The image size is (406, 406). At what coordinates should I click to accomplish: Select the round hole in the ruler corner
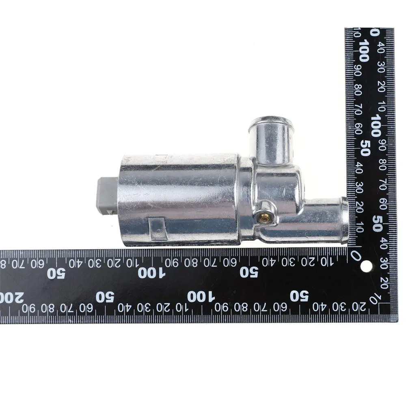tap(366, 266)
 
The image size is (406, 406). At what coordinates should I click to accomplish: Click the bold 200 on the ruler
tap(12, 298)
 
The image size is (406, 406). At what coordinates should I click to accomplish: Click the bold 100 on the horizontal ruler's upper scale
tap(151, 273)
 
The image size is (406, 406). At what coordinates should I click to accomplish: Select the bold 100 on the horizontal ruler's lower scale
tap(201, 297)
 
